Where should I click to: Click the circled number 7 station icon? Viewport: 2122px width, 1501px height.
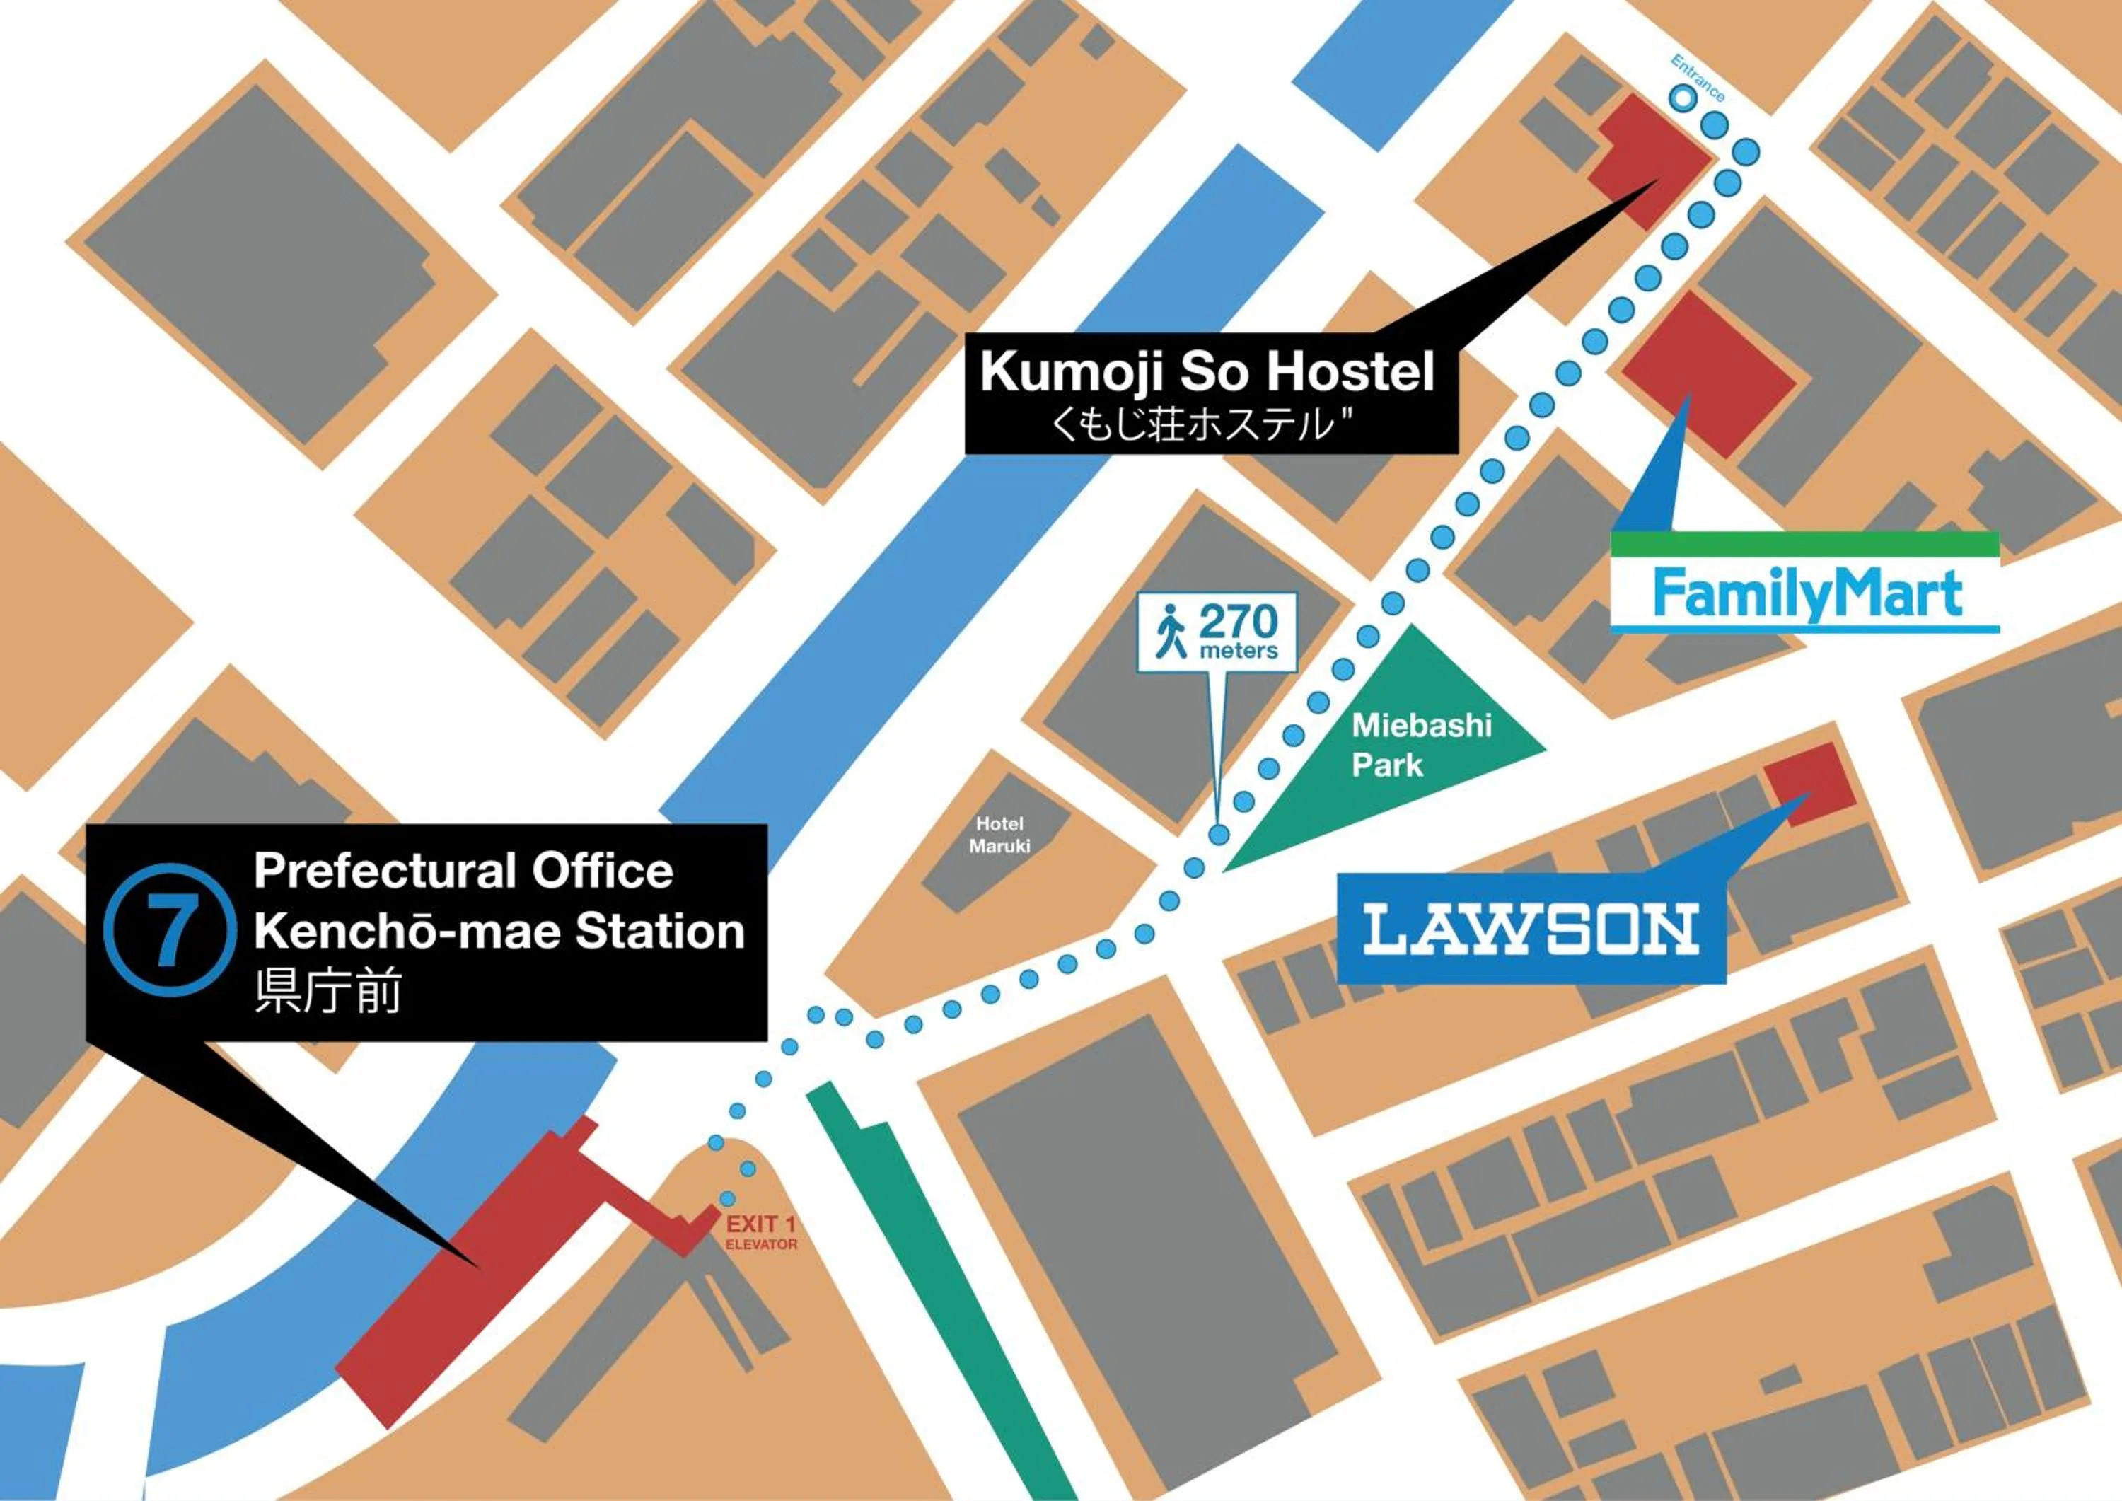pos(170,932)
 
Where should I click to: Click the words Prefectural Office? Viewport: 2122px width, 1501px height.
pos(463,871)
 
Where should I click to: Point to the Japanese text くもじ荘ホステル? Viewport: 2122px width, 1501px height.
pos(1202,425)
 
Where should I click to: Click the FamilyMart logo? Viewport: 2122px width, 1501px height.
pos(1807,594)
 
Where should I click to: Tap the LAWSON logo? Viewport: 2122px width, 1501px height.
pos(1531,929)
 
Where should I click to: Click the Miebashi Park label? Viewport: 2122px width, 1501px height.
pos(1420,744)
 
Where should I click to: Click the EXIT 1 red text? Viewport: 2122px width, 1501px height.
pos(760,1224)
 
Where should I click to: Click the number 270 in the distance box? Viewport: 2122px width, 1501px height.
pos(1239,622)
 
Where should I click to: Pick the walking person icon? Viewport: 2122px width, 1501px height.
pos(1171,631)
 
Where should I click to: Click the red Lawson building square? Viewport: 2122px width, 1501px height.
pos(1809,780)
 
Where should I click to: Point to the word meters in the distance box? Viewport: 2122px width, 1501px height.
pos(1239,651)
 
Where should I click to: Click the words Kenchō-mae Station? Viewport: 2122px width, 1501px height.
pos(499,932)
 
